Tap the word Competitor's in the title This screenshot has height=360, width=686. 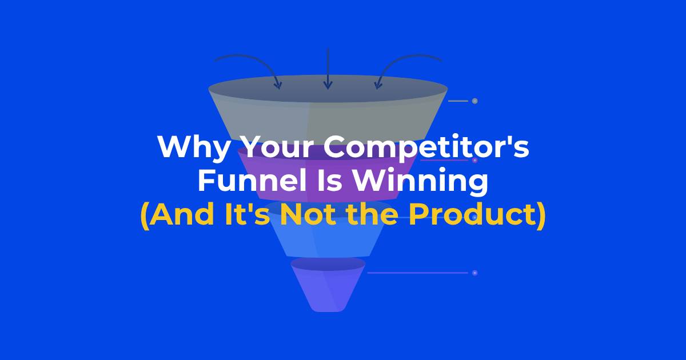tap(426, 147)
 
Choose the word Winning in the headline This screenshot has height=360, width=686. tap(420, 182)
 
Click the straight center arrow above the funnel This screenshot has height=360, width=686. tap(328, 69)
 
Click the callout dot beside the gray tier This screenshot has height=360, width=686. tap(474, 101)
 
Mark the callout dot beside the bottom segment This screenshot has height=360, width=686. tap(474, 273)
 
